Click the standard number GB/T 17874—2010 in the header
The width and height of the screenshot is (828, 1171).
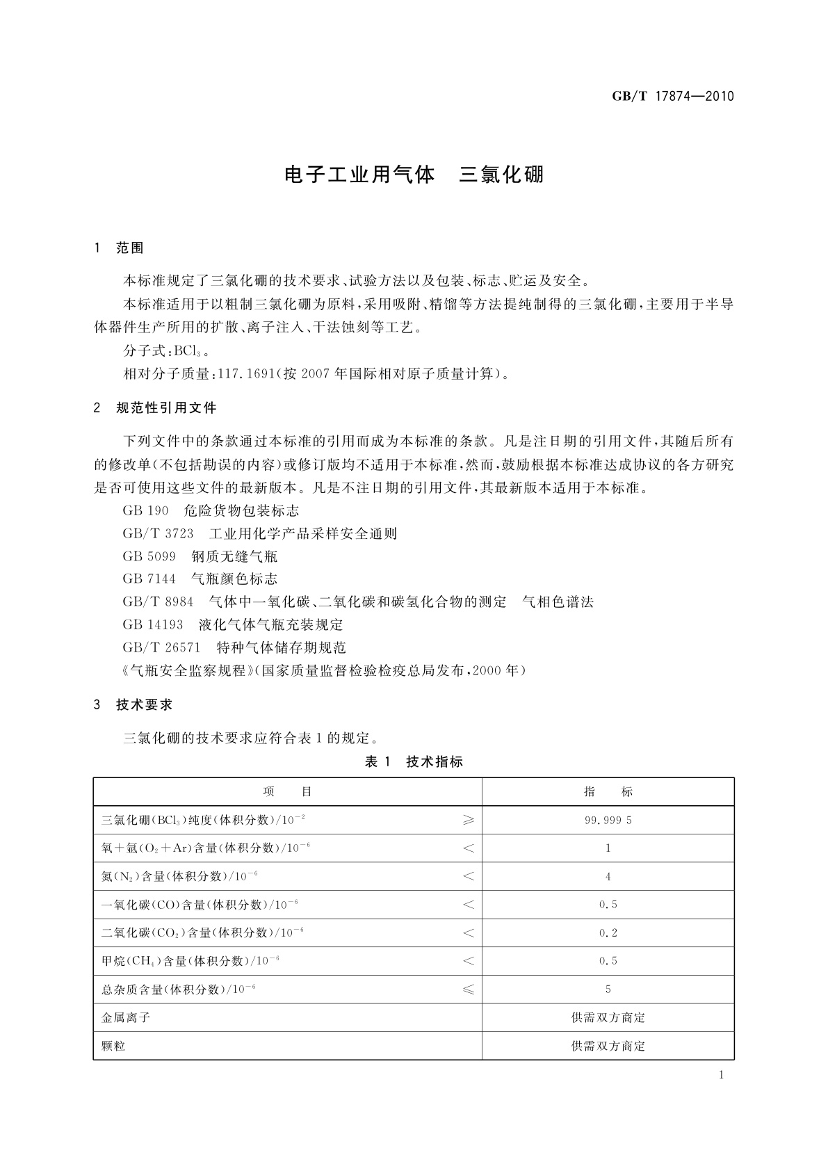tap(672, 97)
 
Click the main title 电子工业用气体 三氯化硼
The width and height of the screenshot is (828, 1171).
tap(414, 174)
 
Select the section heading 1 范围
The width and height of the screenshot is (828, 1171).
tap(119, 248)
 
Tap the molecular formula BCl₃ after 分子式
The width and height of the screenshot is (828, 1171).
tap(188, 351)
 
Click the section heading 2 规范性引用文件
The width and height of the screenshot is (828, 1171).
tap(155, 408)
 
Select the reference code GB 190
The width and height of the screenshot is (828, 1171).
tap(145, 511)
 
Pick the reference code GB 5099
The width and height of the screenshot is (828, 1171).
tap(149, 556)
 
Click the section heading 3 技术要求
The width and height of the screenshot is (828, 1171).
tap(133, 705)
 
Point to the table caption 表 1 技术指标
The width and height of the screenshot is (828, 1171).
tap(414, 761)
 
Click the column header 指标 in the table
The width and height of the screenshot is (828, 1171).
tap(608, 792)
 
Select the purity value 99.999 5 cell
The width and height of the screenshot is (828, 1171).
tap(608, 821)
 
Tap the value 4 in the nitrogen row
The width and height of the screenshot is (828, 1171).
tap(608, 877)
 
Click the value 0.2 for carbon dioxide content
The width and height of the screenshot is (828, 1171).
tap(608, 933)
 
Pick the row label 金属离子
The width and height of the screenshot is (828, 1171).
tap(126, 1017)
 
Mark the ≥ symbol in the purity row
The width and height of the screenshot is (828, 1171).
tap(469, 821)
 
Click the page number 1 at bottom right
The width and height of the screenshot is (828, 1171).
tap(721, 1075)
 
